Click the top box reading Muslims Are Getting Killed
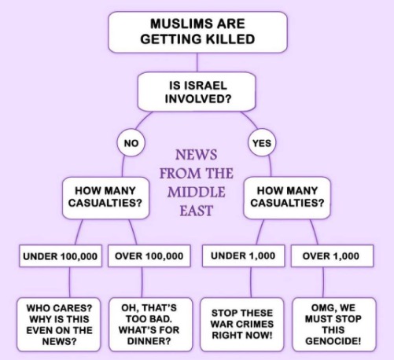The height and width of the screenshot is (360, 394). (197, 32)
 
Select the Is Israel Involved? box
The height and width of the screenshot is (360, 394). (197, 92)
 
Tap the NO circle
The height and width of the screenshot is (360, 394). (131, 143)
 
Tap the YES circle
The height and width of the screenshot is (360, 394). (262, 143)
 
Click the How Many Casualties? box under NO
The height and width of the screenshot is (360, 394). (105, 198)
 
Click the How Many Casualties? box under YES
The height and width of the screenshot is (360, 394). (287, 198)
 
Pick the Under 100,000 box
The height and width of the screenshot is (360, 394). (61, 256)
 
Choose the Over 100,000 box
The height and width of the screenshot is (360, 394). (149, 256)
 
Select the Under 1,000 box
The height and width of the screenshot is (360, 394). (243, 256)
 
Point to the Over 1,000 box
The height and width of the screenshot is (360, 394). (332, 256)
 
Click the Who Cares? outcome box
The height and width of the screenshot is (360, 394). (59, 325)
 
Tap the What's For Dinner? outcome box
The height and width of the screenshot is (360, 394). (150, 325)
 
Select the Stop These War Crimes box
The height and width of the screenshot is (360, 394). (242, 325)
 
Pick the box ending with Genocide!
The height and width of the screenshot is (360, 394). (334, 325)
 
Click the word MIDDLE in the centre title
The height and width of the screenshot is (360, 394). (197, 192)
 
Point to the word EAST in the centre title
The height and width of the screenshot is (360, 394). (197, 211)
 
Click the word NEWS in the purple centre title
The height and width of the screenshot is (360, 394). (197, 154)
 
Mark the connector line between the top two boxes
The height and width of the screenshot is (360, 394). (197, 62)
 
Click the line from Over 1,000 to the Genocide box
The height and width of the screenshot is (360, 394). (323, 282)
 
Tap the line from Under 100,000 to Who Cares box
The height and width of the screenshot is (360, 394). (70, 282)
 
